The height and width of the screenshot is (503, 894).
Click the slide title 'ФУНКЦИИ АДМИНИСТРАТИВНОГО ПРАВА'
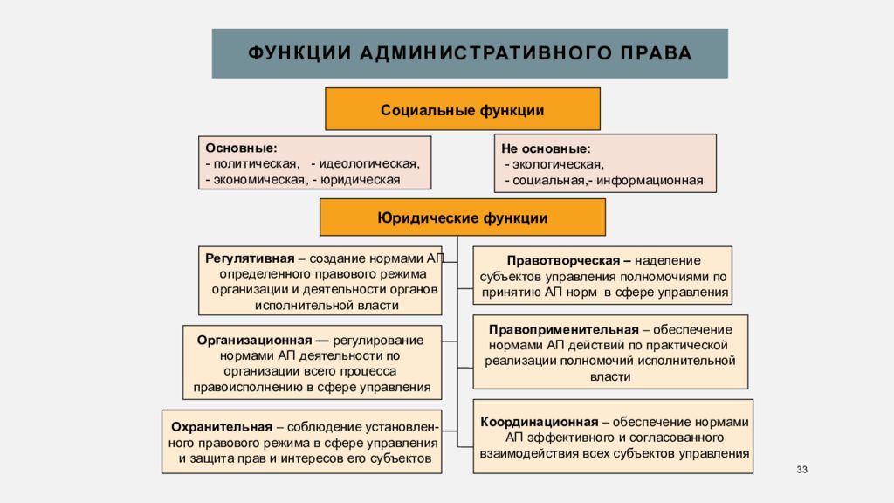pyautogui.click(x=470, y=53)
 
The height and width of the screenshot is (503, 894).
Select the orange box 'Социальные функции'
pyautogui.click(x=463, y=109)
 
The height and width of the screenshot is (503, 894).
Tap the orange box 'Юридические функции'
pyautogui.click(x=463, y=217)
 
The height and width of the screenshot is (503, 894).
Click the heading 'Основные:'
pyautogui.click(x=241, y=148)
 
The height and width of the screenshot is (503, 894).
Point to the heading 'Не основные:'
pyautogui.click(x=546, y=148)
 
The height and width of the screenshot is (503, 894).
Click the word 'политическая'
pyautogui.click(x=256, y=163)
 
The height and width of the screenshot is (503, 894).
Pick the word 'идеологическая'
pyautogui.click(x=368, y=163)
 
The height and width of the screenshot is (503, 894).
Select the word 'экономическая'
pyautogui.click(x=258, y=180)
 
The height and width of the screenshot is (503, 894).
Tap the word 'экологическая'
pyautogui.click(x=557, y=165)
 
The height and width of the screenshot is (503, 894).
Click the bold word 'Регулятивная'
pyautogui.click(x=250, y=258)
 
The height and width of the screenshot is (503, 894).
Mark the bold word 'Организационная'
pyautogui.click(x=254, y=340)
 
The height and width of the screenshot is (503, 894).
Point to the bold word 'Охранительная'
pyautogui.click(x=221, y=427)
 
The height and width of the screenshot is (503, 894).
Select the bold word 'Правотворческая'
pyautogui.click(x=563, y=260)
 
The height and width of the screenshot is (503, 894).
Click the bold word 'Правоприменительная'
pyautogui.click(x=563, y=329)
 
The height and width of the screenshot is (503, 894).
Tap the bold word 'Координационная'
pyautogui.click(x=539, y=422)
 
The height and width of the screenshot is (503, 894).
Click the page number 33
pyautogui.click(x=801, y=470)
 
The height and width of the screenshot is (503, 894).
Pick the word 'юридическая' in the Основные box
pyautogui.click(x=360, y=180)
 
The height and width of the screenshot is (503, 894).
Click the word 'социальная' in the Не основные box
pyautogui.click(x=548, y=181)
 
